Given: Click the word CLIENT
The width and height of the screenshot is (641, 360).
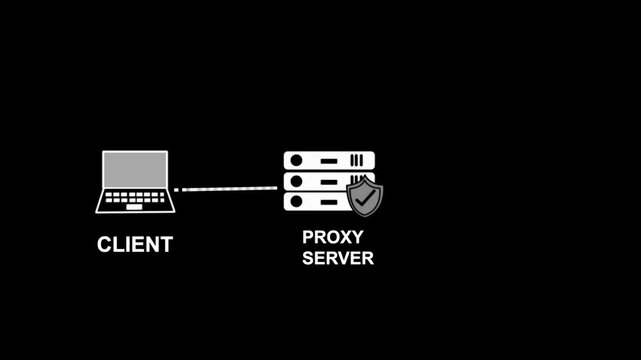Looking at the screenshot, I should coord(135,244).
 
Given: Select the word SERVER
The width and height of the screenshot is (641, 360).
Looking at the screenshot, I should coord(337,258).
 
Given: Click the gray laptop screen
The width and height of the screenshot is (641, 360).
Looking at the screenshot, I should coord(135,168).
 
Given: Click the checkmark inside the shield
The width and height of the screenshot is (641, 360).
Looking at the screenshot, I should coord(365,198).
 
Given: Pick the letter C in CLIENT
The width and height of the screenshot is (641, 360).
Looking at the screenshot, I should coord(104,244).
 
